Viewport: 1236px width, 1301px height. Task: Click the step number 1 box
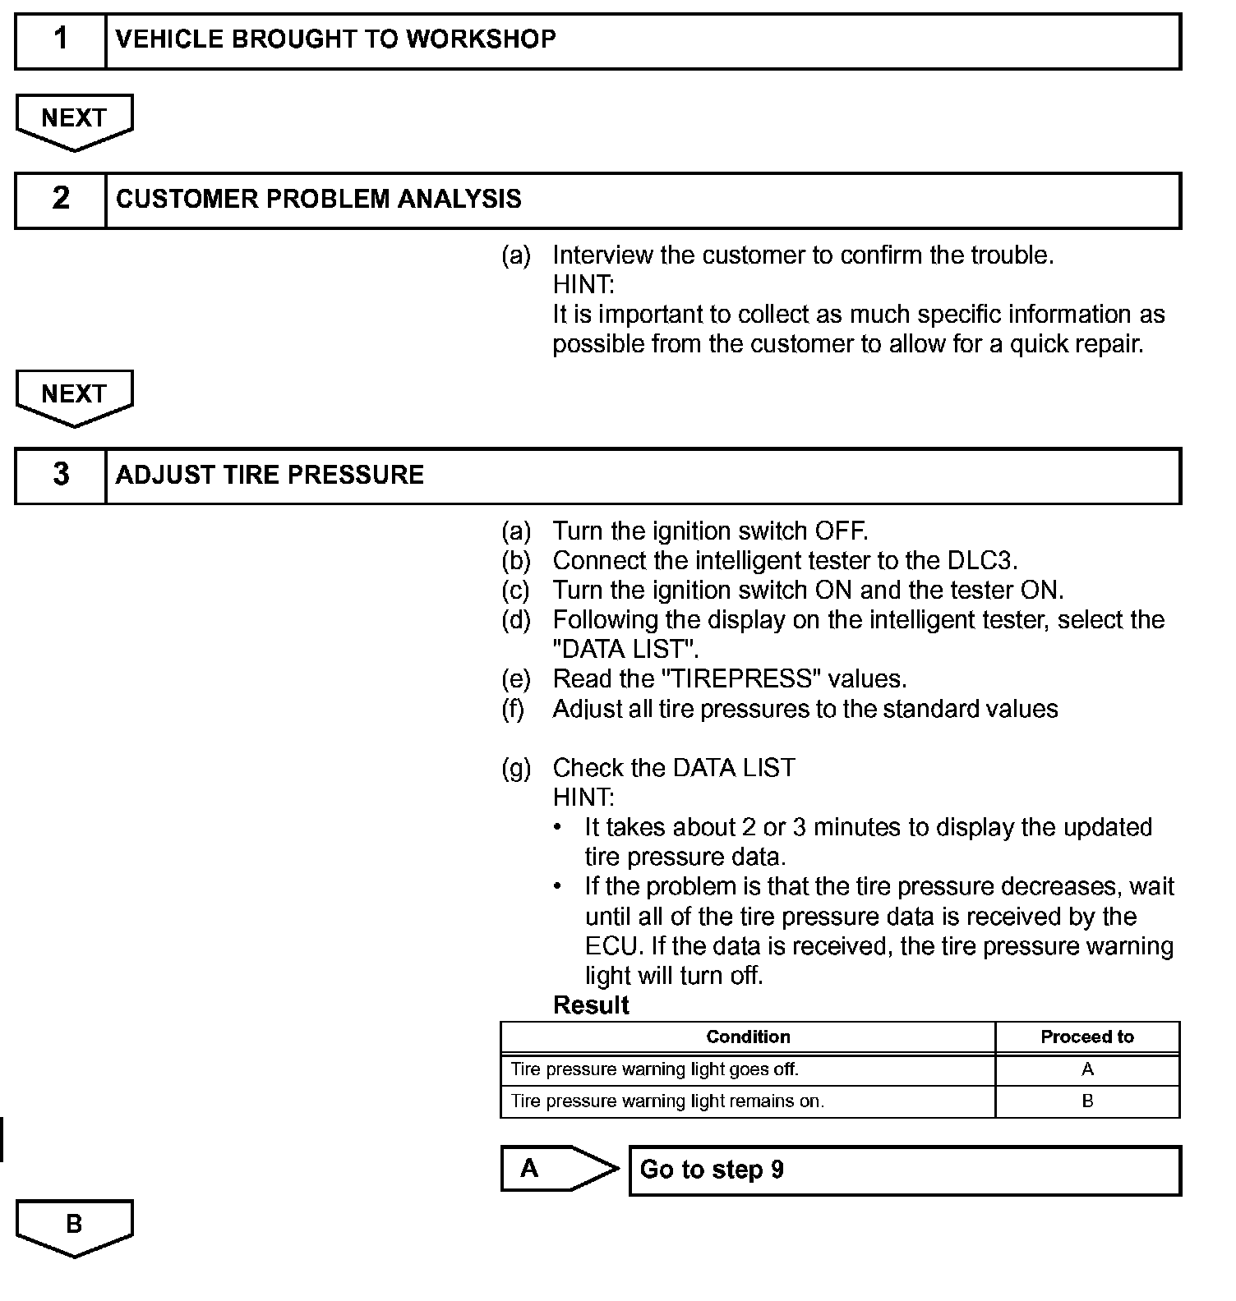[x=61, y=40]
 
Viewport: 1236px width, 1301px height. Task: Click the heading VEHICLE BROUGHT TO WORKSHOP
[x=335, y=39]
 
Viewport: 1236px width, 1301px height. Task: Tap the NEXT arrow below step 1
[x=74, y=121]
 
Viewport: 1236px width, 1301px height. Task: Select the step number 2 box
[x=61, y=200]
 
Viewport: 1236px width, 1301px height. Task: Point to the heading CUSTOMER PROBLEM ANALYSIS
[x=319, y=200]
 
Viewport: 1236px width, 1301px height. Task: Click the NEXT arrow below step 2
[x=74, y=397]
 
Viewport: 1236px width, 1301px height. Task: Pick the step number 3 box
[x=61, y=476]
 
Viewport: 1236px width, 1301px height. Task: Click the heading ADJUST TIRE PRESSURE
[x=270, y=476]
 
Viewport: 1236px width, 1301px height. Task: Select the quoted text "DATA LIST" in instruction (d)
[x=625, y=650]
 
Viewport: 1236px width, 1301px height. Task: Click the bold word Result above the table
[x=591, y=1005]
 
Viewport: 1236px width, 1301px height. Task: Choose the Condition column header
[x=748, y=1037]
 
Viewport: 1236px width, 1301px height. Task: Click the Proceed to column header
[x=1086, y=1037]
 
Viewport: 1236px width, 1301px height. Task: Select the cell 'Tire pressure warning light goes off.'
[x=655, y=1069]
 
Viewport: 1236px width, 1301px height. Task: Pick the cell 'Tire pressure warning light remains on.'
[x=667, y=1101]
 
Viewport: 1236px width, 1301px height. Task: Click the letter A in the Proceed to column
[x=1087, y=1069]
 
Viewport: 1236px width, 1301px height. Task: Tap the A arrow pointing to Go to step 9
[x=557, y=1169]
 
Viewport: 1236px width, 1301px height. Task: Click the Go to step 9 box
[x=904, y=1170]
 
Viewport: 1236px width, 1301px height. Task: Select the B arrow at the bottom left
[x=74, y=1225]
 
